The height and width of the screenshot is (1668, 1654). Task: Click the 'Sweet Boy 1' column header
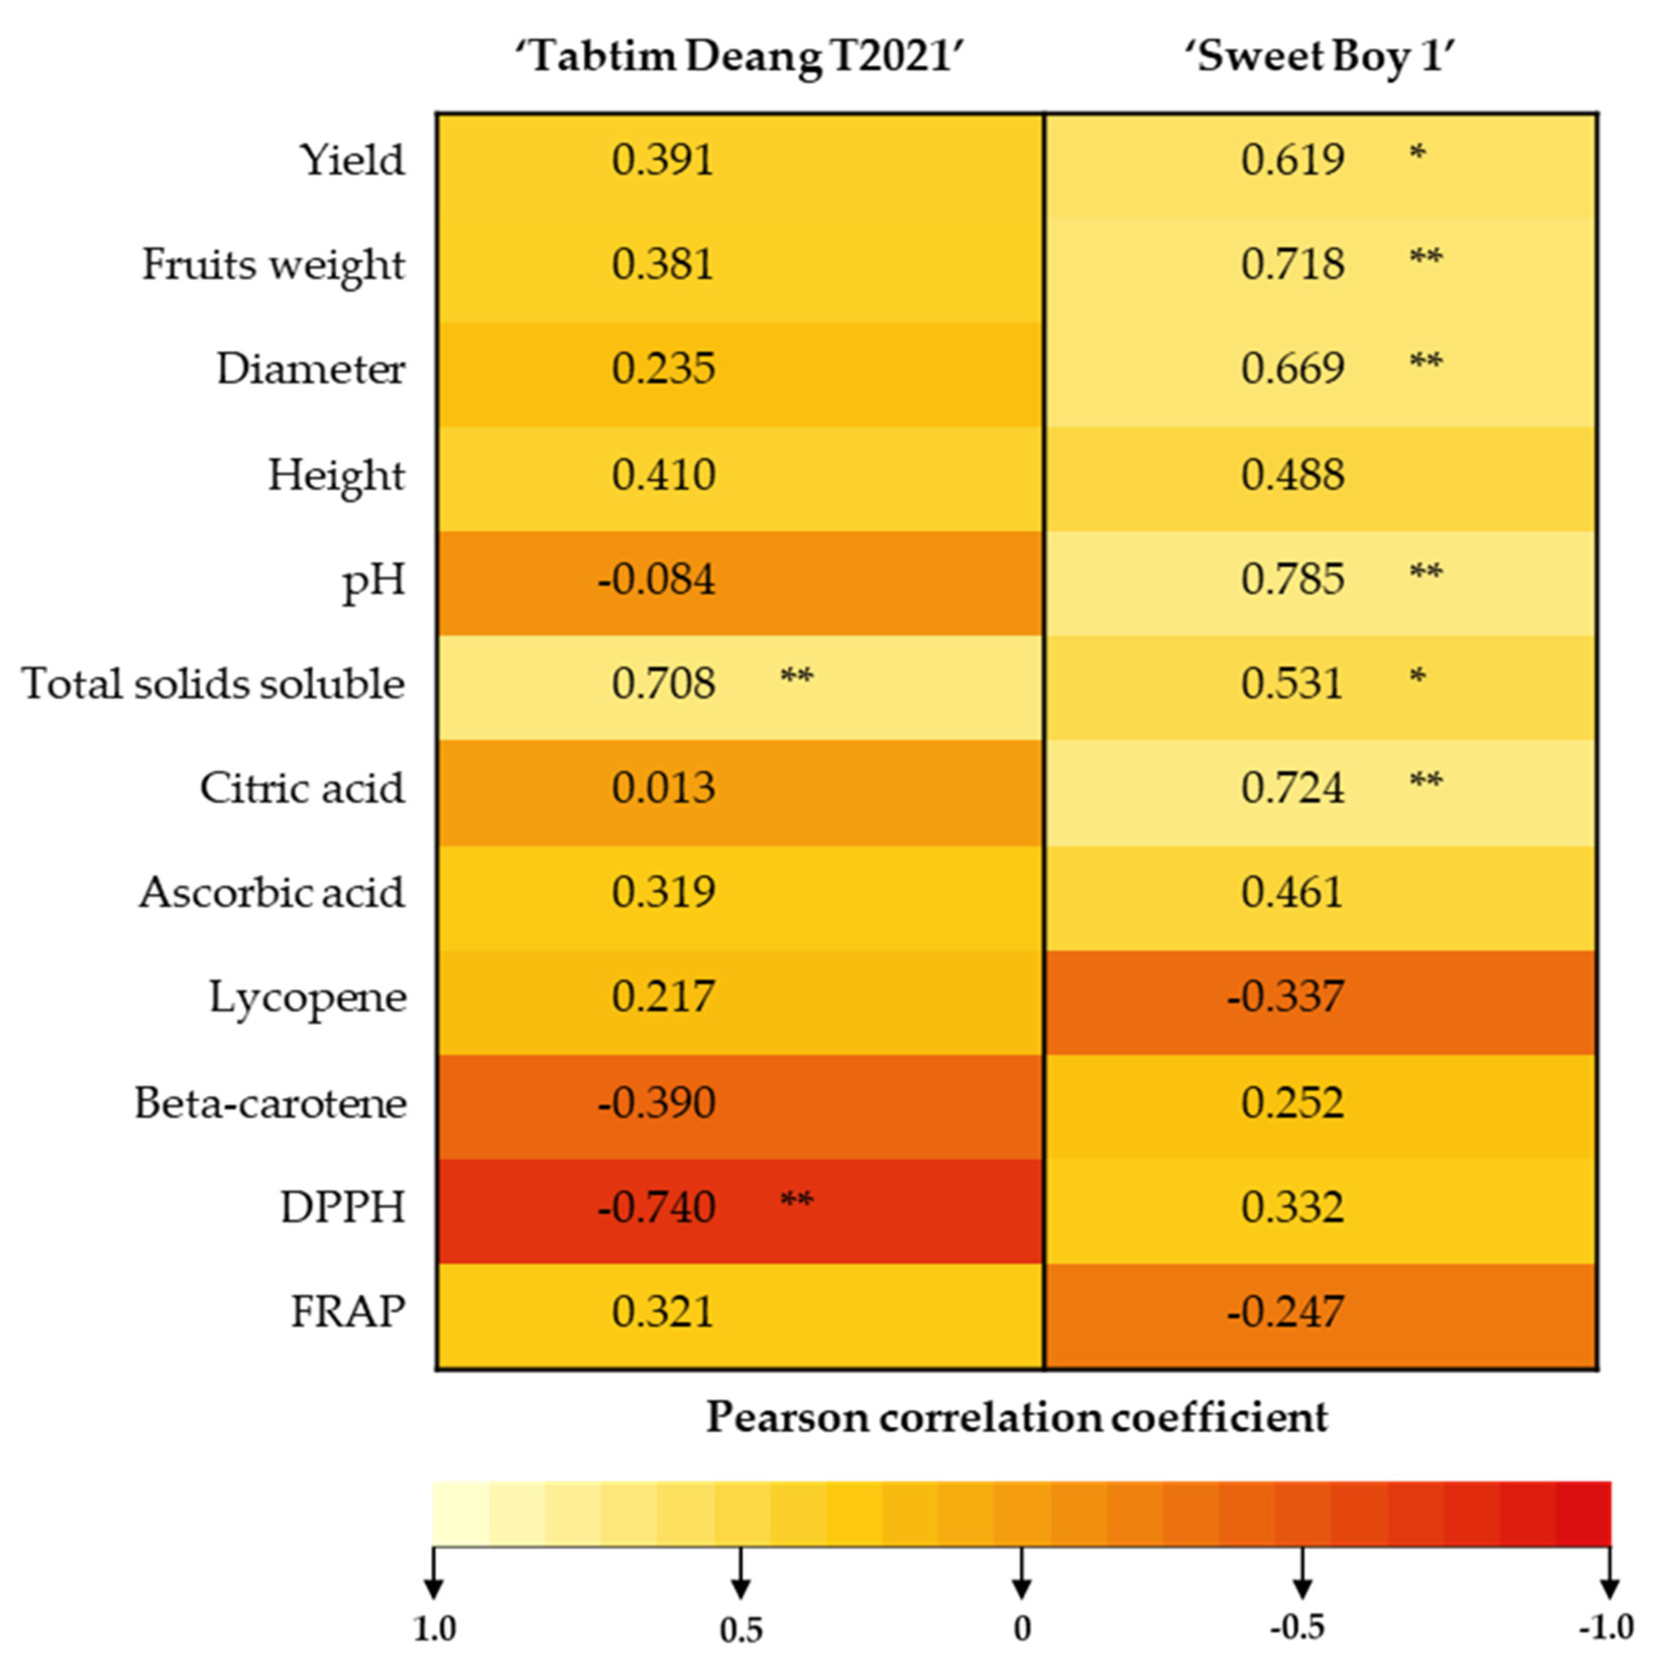click(x=1321, y=57)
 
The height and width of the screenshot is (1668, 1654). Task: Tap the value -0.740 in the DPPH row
click(x=656, y=1207)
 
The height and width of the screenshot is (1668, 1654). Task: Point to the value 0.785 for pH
click(x=1292, y=579)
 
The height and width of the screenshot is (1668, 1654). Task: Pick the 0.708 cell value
click(x=663, y=684)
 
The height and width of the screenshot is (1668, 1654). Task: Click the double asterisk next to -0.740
click(x=796, y=1200)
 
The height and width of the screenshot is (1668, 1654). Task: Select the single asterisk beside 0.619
click(x=1417, y=154)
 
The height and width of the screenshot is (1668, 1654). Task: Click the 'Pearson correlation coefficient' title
click(x=1017, y=1418)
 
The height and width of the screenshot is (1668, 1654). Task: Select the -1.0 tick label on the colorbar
click(x=1605, y=1627)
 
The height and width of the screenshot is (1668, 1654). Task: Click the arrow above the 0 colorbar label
click(x=1021, y=1573)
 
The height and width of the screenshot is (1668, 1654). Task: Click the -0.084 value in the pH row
click(x=656, y=579)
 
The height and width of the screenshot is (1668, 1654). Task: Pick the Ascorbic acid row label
click(x=272, y=893)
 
